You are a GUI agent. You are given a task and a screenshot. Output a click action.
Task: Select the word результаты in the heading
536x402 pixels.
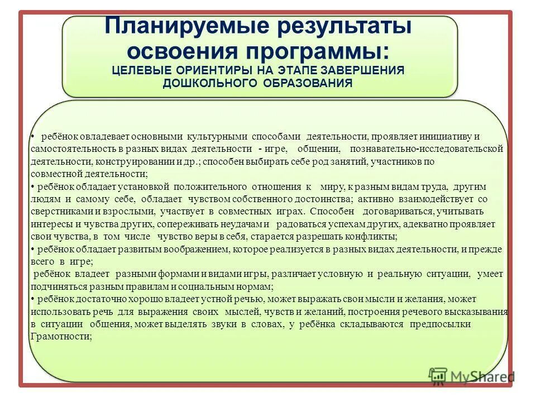pos(334,26)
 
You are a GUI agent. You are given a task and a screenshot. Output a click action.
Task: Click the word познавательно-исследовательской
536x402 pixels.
pos(427,149)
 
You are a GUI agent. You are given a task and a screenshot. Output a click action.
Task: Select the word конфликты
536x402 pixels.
pos(371,237)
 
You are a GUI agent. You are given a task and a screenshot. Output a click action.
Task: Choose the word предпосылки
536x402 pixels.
pos(441,324)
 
